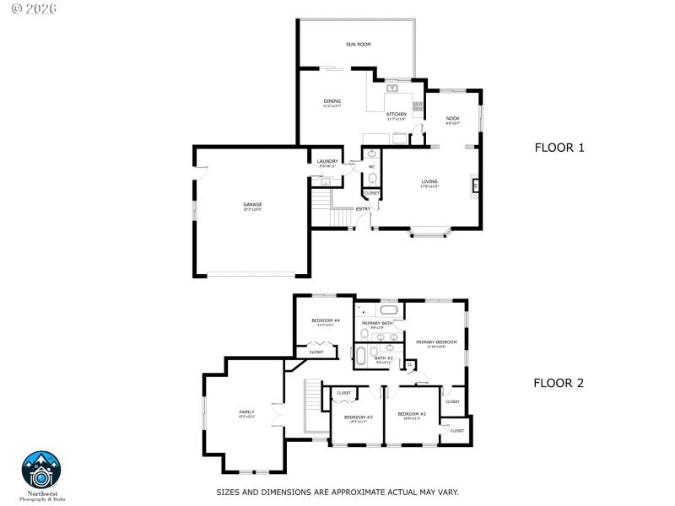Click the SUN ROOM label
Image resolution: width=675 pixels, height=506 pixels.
[358, 44]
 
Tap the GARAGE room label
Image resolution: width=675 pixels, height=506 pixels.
[252, 204]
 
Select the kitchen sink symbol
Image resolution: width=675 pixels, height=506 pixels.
[392, 88]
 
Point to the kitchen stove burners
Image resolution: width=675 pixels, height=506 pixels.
[417, 107]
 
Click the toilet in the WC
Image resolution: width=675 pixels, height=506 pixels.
[372, 178]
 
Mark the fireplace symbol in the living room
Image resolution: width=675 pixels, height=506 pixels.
[476, 185]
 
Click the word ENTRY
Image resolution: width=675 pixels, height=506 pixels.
[363, 208]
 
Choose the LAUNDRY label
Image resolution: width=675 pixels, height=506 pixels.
[327, 161]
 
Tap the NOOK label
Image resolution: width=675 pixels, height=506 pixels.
[452, 118]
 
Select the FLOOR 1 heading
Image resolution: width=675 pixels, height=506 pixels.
[559, 148]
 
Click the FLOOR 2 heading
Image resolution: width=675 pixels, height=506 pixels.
[559, 382]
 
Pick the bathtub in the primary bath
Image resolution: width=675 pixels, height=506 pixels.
[394, 310]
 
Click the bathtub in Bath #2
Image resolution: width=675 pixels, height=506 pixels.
[361, 355]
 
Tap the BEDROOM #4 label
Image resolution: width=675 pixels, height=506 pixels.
[325, 320]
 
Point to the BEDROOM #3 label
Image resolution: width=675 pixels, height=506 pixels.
[359, 417]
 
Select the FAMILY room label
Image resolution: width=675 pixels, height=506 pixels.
[246, 412]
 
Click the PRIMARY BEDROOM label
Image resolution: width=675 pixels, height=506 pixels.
[436, 342]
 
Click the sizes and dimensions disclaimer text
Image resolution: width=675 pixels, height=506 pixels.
[337, 492]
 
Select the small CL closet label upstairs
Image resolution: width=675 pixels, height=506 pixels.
[410, 364]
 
